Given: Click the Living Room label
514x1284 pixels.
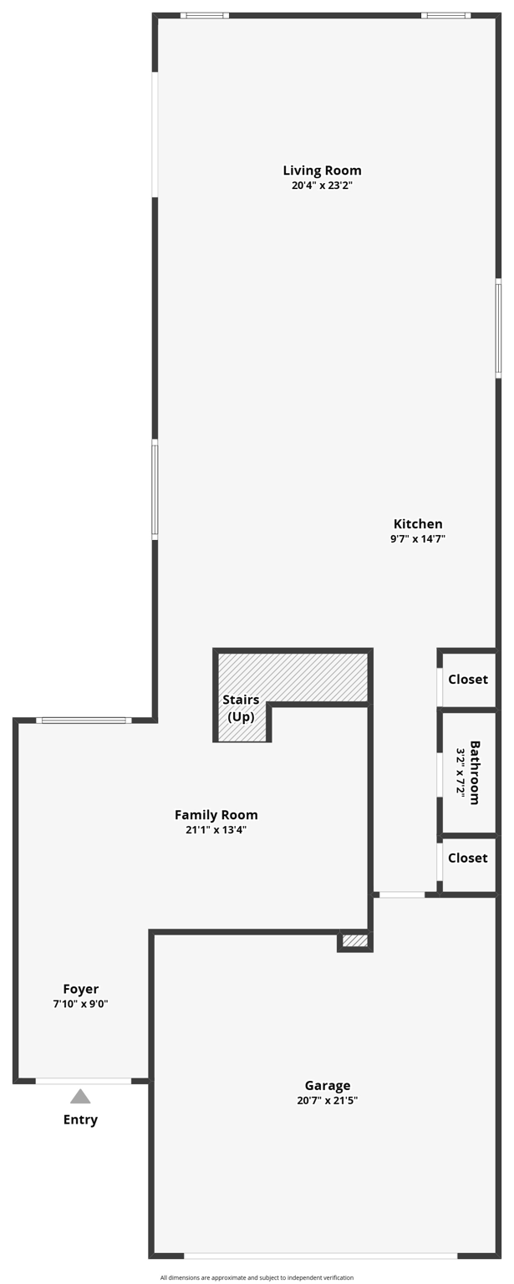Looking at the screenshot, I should pos(322,171).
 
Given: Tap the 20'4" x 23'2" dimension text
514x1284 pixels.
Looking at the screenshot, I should pos(322,186).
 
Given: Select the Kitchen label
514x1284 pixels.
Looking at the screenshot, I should pos(418,524).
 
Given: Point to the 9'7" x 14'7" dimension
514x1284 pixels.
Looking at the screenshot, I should pos(418,539).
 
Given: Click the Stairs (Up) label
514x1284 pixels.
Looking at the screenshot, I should pos(241,708).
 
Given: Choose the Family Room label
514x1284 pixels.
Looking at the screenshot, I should pos(216,815).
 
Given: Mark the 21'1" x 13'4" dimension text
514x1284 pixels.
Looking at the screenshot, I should pos(216,830).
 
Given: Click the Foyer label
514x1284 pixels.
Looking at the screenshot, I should pos(80,989).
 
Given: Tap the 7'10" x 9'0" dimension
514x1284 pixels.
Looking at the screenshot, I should pos(80,1004).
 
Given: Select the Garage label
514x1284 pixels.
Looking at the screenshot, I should pos(328,1086).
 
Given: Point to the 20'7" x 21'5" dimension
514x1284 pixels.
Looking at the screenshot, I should pos(328,1101).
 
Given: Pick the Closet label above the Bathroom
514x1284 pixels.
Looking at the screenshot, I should pos(468,680).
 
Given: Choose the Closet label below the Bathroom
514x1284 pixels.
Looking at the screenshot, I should pos(468,858).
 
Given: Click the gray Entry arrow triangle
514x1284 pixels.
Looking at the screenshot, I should pos(80,1097).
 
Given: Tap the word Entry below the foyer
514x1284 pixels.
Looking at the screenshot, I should pos(80,1120).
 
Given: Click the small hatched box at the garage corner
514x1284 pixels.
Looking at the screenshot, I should pos(355,941).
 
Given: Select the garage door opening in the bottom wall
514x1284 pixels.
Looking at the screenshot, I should pos(320,1256).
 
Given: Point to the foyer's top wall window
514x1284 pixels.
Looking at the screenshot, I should pos(84,720).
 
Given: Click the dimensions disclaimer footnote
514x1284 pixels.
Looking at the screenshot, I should pos(257,1277).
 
